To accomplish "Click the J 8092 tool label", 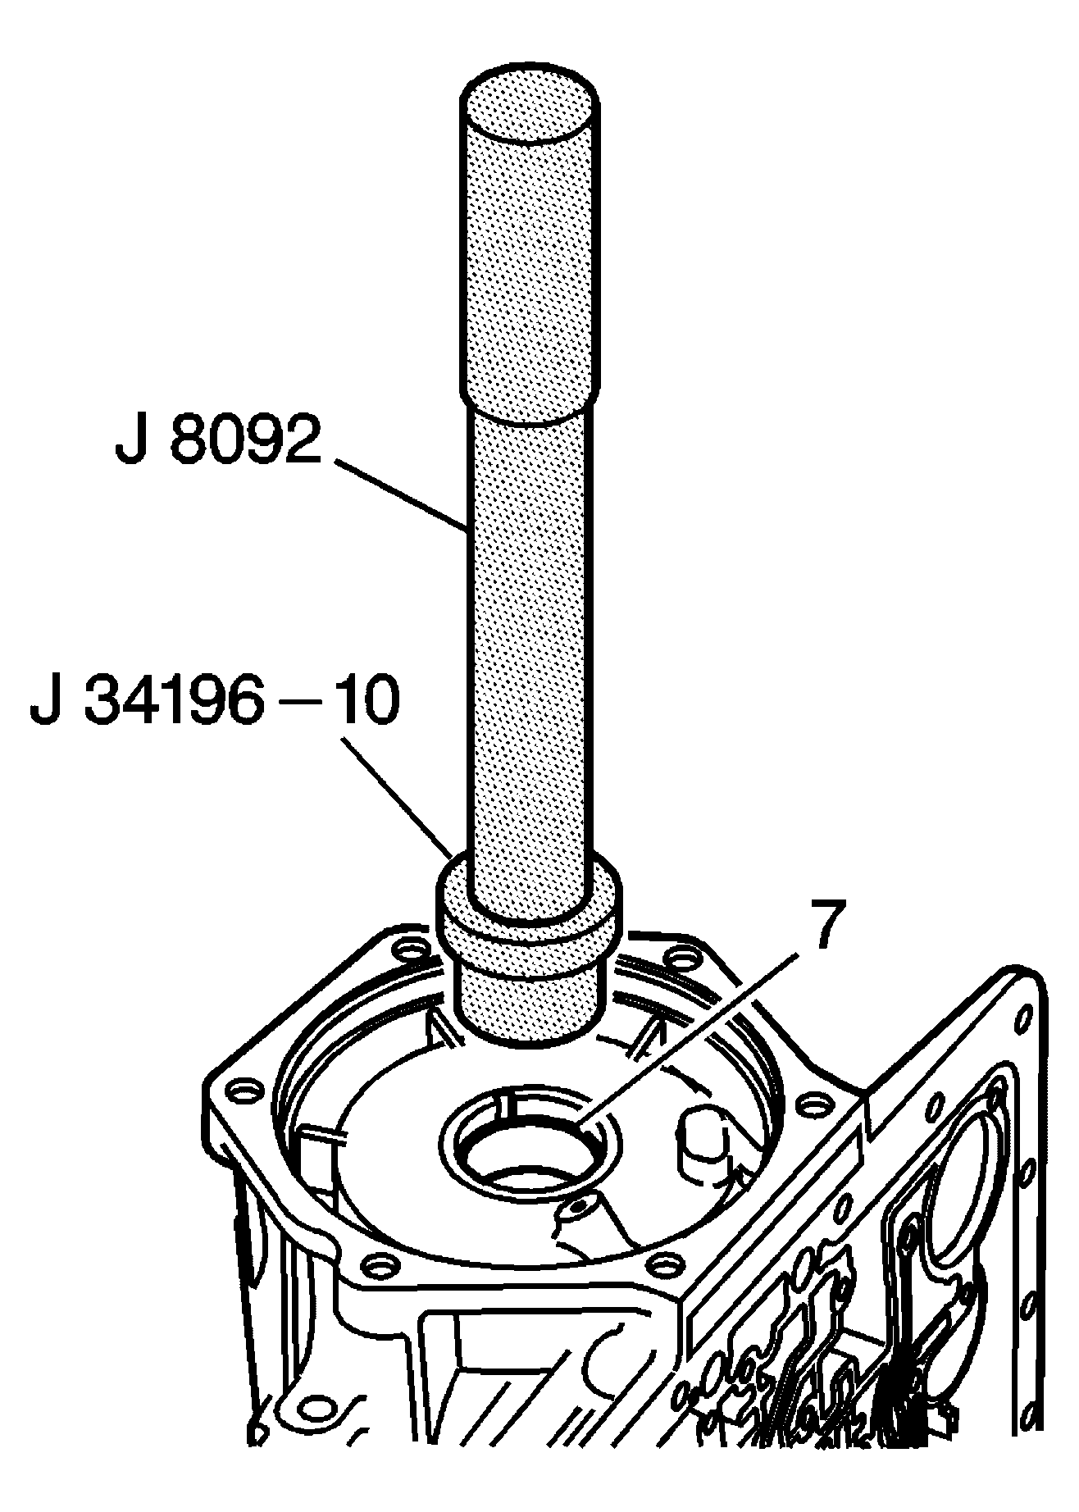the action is point(216,442).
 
